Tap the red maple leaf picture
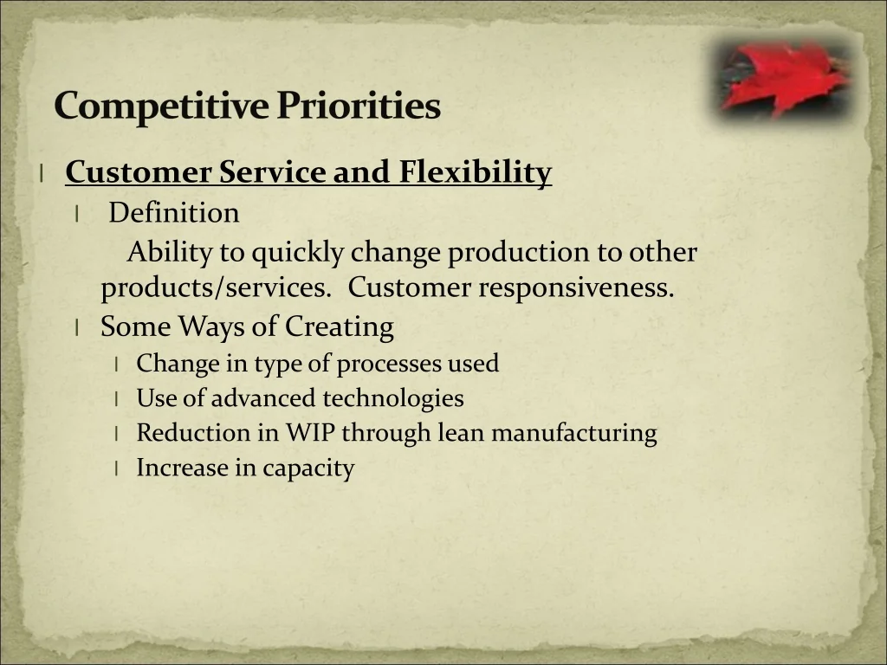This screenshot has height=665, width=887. tap(783, 78)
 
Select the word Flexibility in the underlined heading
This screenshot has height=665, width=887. tap(476, 172)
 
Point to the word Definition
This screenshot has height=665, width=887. tap(173, 213)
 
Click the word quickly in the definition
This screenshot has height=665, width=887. tap(298, 253)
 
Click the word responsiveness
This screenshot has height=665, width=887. tap(576, 287)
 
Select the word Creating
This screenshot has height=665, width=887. tap(339, 327)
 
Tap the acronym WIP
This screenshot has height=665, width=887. tap(311, 433)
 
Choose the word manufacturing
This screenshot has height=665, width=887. tap(574, 433)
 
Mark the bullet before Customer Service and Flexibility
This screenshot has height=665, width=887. tap(42, 173)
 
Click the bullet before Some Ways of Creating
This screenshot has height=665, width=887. tap(76, 327)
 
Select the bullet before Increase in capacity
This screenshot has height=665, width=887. tap(116, 468)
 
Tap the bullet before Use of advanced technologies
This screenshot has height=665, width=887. tap(116, 398)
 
